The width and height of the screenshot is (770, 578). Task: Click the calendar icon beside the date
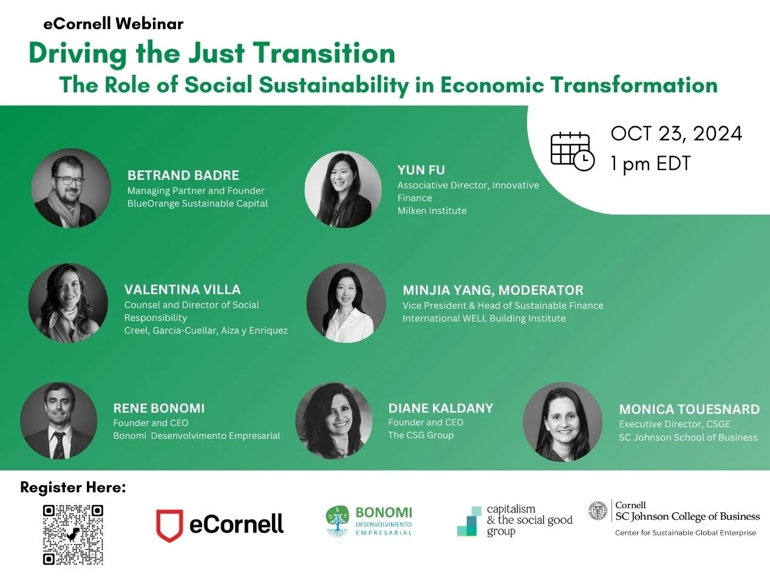coord(571,151)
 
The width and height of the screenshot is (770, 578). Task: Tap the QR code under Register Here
coord(73,534)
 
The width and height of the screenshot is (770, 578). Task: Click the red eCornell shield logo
coord(169,525)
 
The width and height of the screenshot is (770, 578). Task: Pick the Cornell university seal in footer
coord(598,511)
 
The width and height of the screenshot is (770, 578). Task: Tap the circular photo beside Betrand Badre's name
coord(71,188)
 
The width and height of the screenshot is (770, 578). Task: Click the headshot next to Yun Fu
coord(343,189)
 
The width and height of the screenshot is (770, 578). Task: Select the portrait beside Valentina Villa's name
coord(68,303)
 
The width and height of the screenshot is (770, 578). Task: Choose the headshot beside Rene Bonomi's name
coord(58,421)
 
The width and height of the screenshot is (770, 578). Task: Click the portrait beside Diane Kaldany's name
coord(333,421)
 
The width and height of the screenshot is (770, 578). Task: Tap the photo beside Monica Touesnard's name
coord(562,421)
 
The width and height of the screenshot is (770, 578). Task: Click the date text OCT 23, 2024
coord(676,134)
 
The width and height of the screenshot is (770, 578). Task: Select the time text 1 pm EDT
coord(650,163)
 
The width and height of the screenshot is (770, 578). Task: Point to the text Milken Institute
coord(432,211)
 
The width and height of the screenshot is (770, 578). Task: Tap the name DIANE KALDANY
coord(441,408)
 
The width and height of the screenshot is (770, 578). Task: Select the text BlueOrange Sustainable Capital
coord(197,204)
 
